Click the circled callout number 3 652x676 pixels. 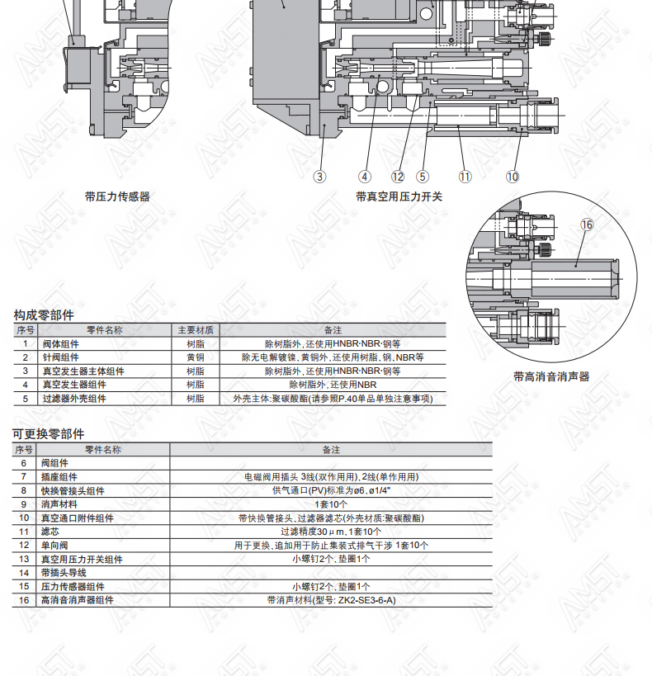click(x=319, y=177)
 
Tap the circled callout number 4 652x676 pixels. click(x=365, y=177)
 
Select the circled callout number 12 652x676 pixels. click(x=398, y=177)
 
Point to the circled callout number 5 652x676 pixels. click(x=423, y=177)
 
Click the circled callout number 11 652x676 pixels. click(x=465, y=177)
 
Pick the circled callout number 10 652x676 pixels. click(x=513, y=177)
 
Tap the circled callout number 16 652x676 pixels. click(x=587, y=225)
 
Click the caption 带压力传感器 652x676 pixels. click(x=117, y=197)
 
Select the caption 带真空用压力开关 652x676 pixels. click(x=399, y=197)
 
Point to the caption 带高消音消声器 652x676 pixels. click(x=551, y=376)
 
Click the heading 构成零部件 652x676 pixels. click(x=44, y=315)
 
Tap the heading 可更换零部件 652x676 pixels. click(x=49, y=434)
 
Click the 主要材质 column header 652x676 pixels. click(x=196, y=330)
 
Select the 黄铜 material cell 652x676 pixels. click(x=196, y=357)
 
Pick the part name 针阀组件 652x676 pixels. click(x=60, y=357)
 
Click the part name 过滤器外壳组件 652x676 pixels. click(x=74, y=399)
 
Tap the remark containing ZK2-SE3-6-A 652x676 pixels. click(x=331, y=600)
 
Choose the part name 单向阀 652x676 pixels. click(x=54, y=546)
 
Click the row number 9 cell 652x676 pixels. click(x=24, y=504)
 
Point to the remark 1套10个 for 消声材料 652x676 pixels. click(x=331, y=504)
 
